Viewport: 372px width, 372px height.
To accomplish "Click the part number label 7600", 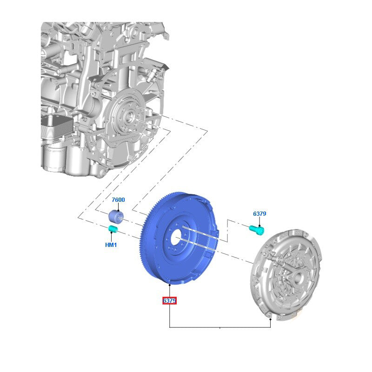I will [x=118, y=200].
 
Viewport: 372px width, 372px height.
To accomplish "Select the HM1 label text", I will [x=111, y=245].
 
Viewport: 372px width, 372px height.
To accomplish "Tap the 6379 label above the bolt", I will [x=259, y=214].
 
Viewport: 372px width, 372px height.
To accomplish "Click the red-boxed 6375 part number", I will [x=169, y=301].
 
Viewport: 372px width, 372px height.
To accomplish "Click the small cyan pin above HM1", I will [x=113, y=228].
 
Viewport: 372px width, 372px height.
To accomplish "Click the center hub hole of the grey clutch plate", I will [x=297, y=278].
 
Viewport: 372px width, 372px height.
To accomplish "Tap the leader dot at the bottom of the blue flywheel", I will [x=170, y=283].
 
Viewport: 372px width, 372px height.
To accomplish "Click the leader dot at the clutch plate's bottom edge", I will [x=270, y=319].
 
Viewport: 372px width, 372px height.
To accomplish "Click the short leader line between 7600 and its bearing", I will [x=118, y=207].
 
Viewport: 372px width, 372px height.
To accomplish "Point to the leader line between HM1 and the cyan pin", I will [x=112, y=236].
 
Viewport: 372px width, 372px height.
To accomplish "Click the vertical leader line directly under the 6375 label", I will [x=170, y=316].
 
